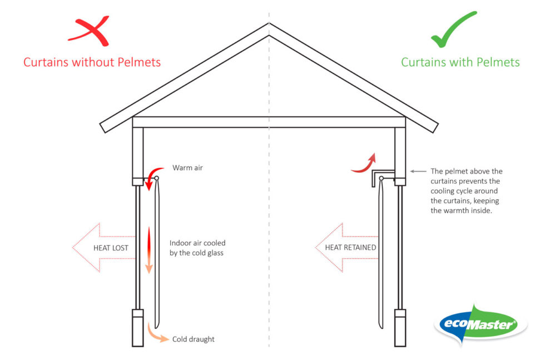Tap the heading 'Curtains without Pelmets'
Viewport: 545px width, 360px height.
tap(92, 62)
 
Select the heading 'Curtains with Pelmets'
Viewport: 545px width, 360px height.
tap(460, 62)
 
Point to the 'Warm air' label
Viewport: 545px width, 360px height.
tap(187, 167)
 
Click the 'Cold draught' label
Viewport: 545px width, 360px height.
tap(193, 339)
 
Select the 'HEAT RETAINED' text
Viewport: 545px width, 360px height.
tap(350, 248)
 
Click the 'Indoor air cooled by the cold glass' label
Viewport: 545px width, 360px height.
tap(197, 248)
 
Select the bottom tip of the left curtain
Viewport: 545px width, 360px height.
tap(157, 327)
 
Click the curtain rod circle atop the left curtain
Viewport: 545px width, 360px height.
tap(157, 179)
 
